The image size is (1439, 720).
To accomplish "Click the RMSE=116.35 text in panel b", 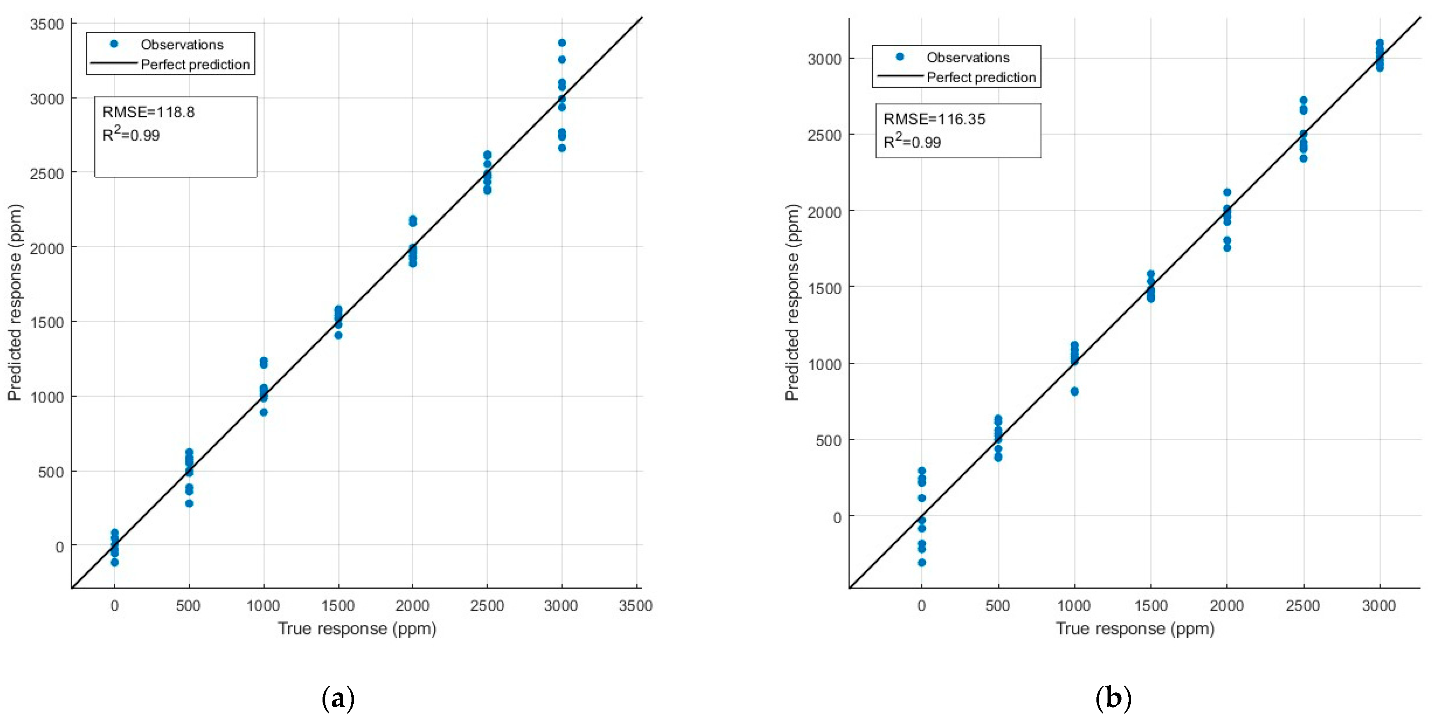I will (934, 119).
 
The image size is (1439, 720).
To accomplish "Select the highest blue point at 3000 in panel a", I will (562, 43).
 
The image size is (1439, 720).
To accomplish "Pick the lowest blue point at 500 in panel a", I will (189, 503).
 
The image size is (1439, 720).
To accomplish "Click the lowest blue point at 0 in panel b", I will (922, 563).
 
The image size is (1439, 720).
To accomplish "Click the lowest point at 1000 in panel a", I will (264, 412).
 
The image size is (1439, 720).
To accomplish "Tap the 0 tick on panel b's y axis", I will (836, 517).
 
